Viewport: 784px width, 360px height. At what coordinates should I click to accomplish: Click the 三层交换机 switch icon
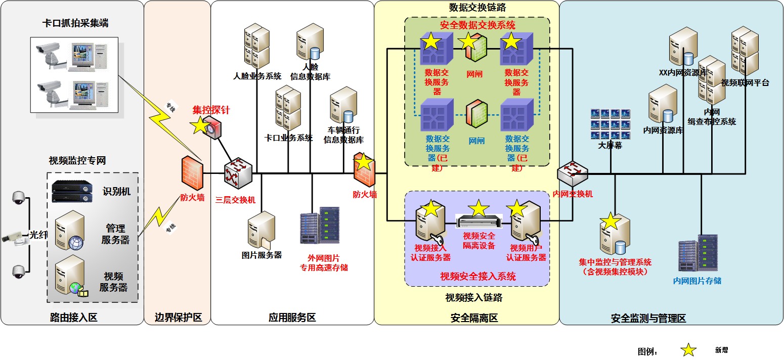[238, 174]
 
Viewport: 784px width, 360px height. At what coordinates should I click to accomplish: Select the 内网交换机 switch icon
[573, 174]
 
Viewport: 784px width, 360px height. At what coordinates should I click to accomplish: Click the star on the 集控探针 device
[200, 124]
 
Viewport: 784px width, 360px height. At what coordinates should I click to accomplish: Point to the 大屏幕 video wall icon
[610, 124]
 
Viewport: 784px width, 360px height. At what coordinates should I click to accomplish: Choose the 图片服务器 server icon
[261, 230]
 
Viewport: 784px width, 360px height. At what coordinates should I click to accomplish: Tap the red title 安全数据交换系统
[477, 25]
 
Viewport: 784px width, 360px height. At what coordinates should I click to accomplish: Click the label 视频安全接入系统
[477, 276]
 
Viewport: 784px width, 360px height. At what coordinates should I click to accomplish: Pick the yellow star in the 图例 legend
[688, 350]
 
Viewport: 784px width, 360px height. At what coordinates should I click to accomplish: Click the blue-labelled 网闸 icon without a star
[476, 116]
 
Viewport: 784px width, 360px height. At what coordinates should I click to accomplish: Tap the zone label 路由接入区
[73, 318]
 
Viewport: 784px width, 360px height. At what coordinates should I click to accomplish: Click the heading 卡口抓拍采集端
[75, 23]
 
